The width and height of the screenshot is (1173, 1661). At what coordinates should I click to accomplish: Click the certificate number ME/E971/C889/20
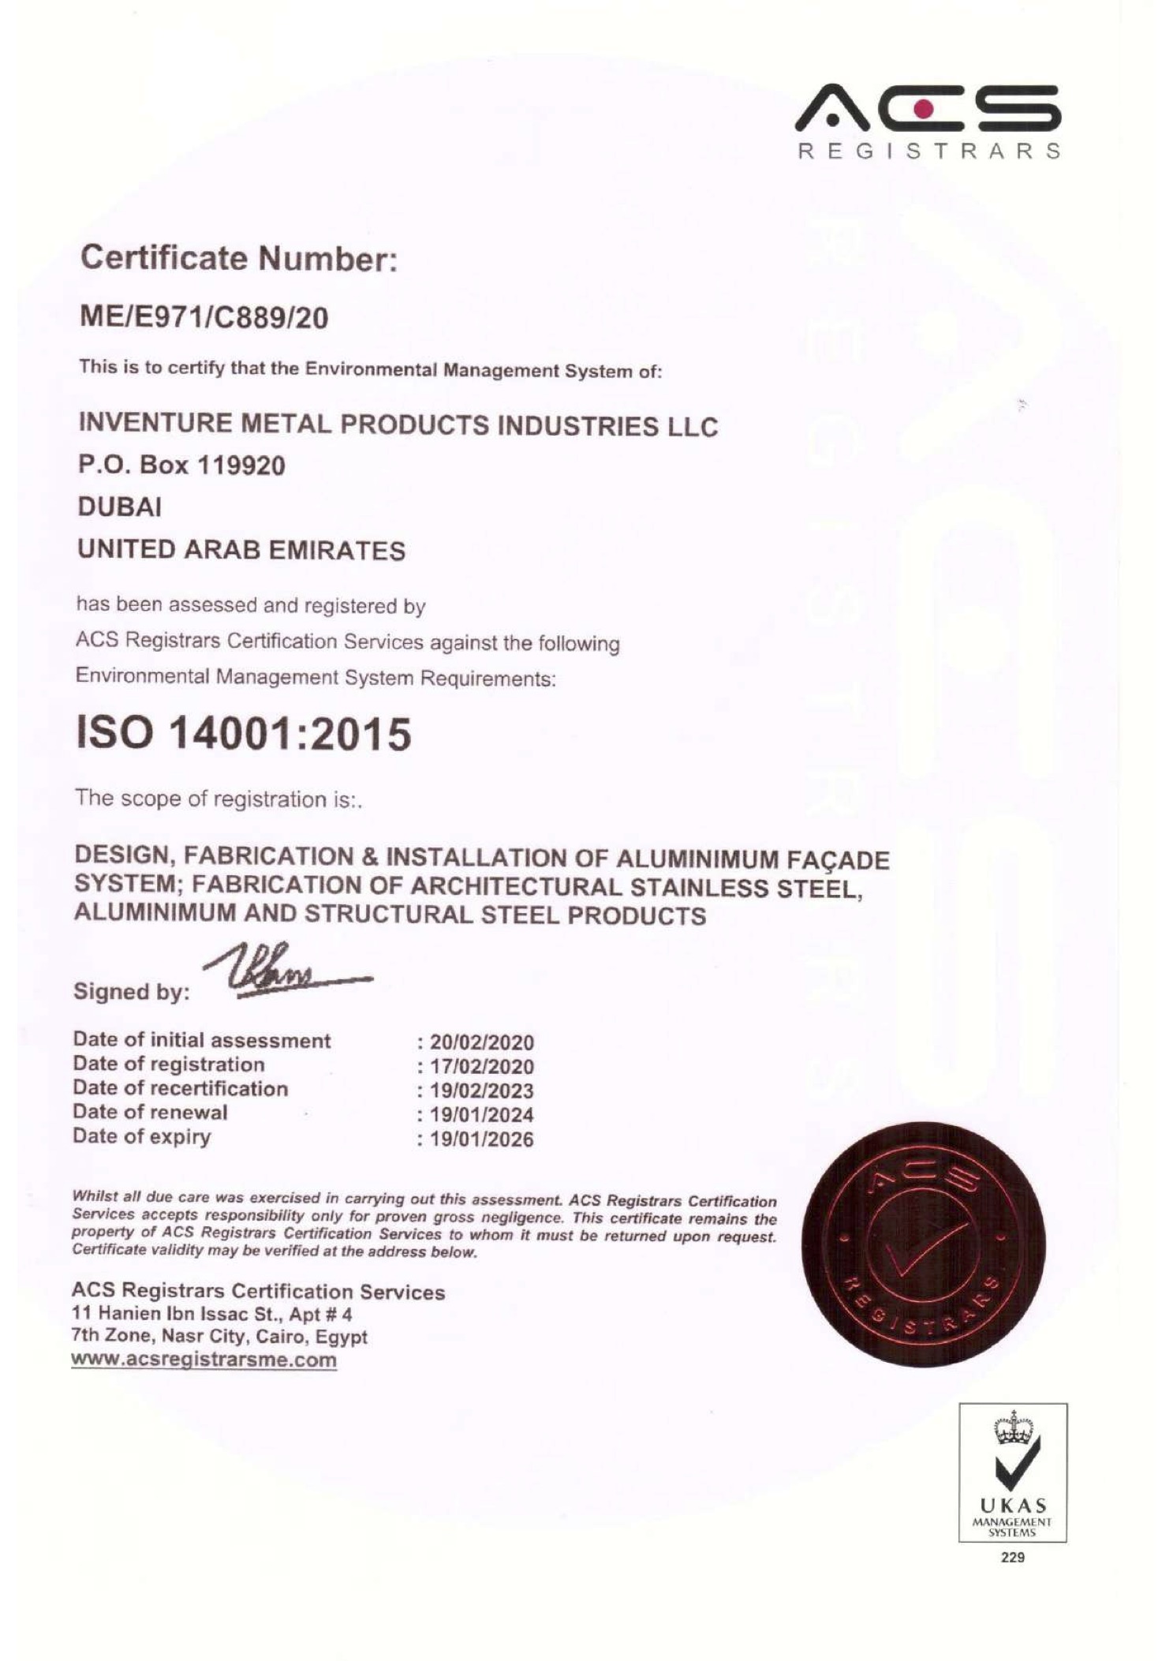coord(204,317)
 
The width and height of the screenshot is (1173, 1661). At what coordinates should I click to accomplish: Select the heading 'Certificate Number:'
coord(237,258)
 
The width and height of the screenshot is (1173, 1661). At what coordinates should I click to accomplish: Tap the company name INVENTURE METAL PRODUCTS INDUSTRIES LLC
coord(398,425)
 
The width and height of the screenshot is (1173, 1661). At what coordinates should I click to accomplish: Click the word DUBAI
coord(119,507)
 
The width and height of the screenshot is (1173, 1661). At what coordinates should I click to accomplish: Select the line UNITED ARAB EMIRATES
coord(241,549)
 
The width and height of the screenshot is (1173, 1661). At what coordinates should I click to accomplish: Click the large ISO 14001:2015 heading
coord(244,734)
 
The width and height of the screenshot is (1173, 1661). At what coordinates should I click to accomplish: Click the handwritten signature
coord(284,972)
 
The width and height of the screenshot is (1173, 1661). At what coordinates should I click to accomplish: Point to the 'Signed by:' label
coord(132,991)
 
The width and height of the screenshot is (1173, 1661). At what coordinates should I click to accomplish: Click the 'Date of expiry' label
coord(142,1136)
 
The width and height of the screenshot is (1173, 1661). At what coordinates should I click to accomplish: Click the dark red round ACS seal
coord(923,1244)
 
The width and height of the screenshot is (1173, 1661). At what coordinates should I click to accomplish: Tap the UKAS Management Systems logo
coord(1012,1472)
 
